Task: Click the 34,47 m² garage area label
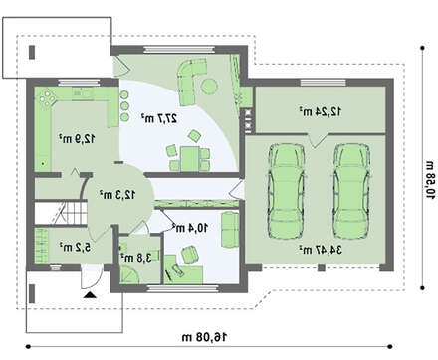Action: (321, 250)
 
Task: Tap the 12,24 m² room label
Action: (321, 111)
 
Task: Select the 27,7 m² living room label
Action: (159, 118)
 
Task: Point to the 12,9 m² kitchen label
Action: (77, 138)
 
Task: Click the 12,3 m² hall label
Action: (117, 195)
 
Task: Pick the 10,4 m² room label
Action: (190, 228)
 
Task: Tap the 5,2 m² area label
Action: (76, 247)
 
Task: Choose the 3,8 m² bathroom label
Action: (136, 258)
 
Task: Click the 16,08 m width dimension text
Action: (204, 337)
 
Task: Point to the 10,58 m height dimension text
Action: (430, 180)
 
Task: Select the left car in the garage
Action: (286, 191)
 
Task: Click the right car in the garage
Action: (351, 191)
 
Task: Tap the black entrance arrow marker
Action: (90, 295)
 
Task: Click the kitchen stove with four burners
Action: (48, 97)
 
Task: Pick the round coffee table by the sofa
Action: (210, 87)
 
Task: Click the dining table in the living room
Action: (190, 159)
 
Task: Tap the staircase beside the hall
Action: (61, 213)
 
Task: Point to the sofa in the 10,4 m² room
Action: (230, 230)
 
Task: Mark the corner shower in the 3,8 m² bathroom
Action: (130, 274)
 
